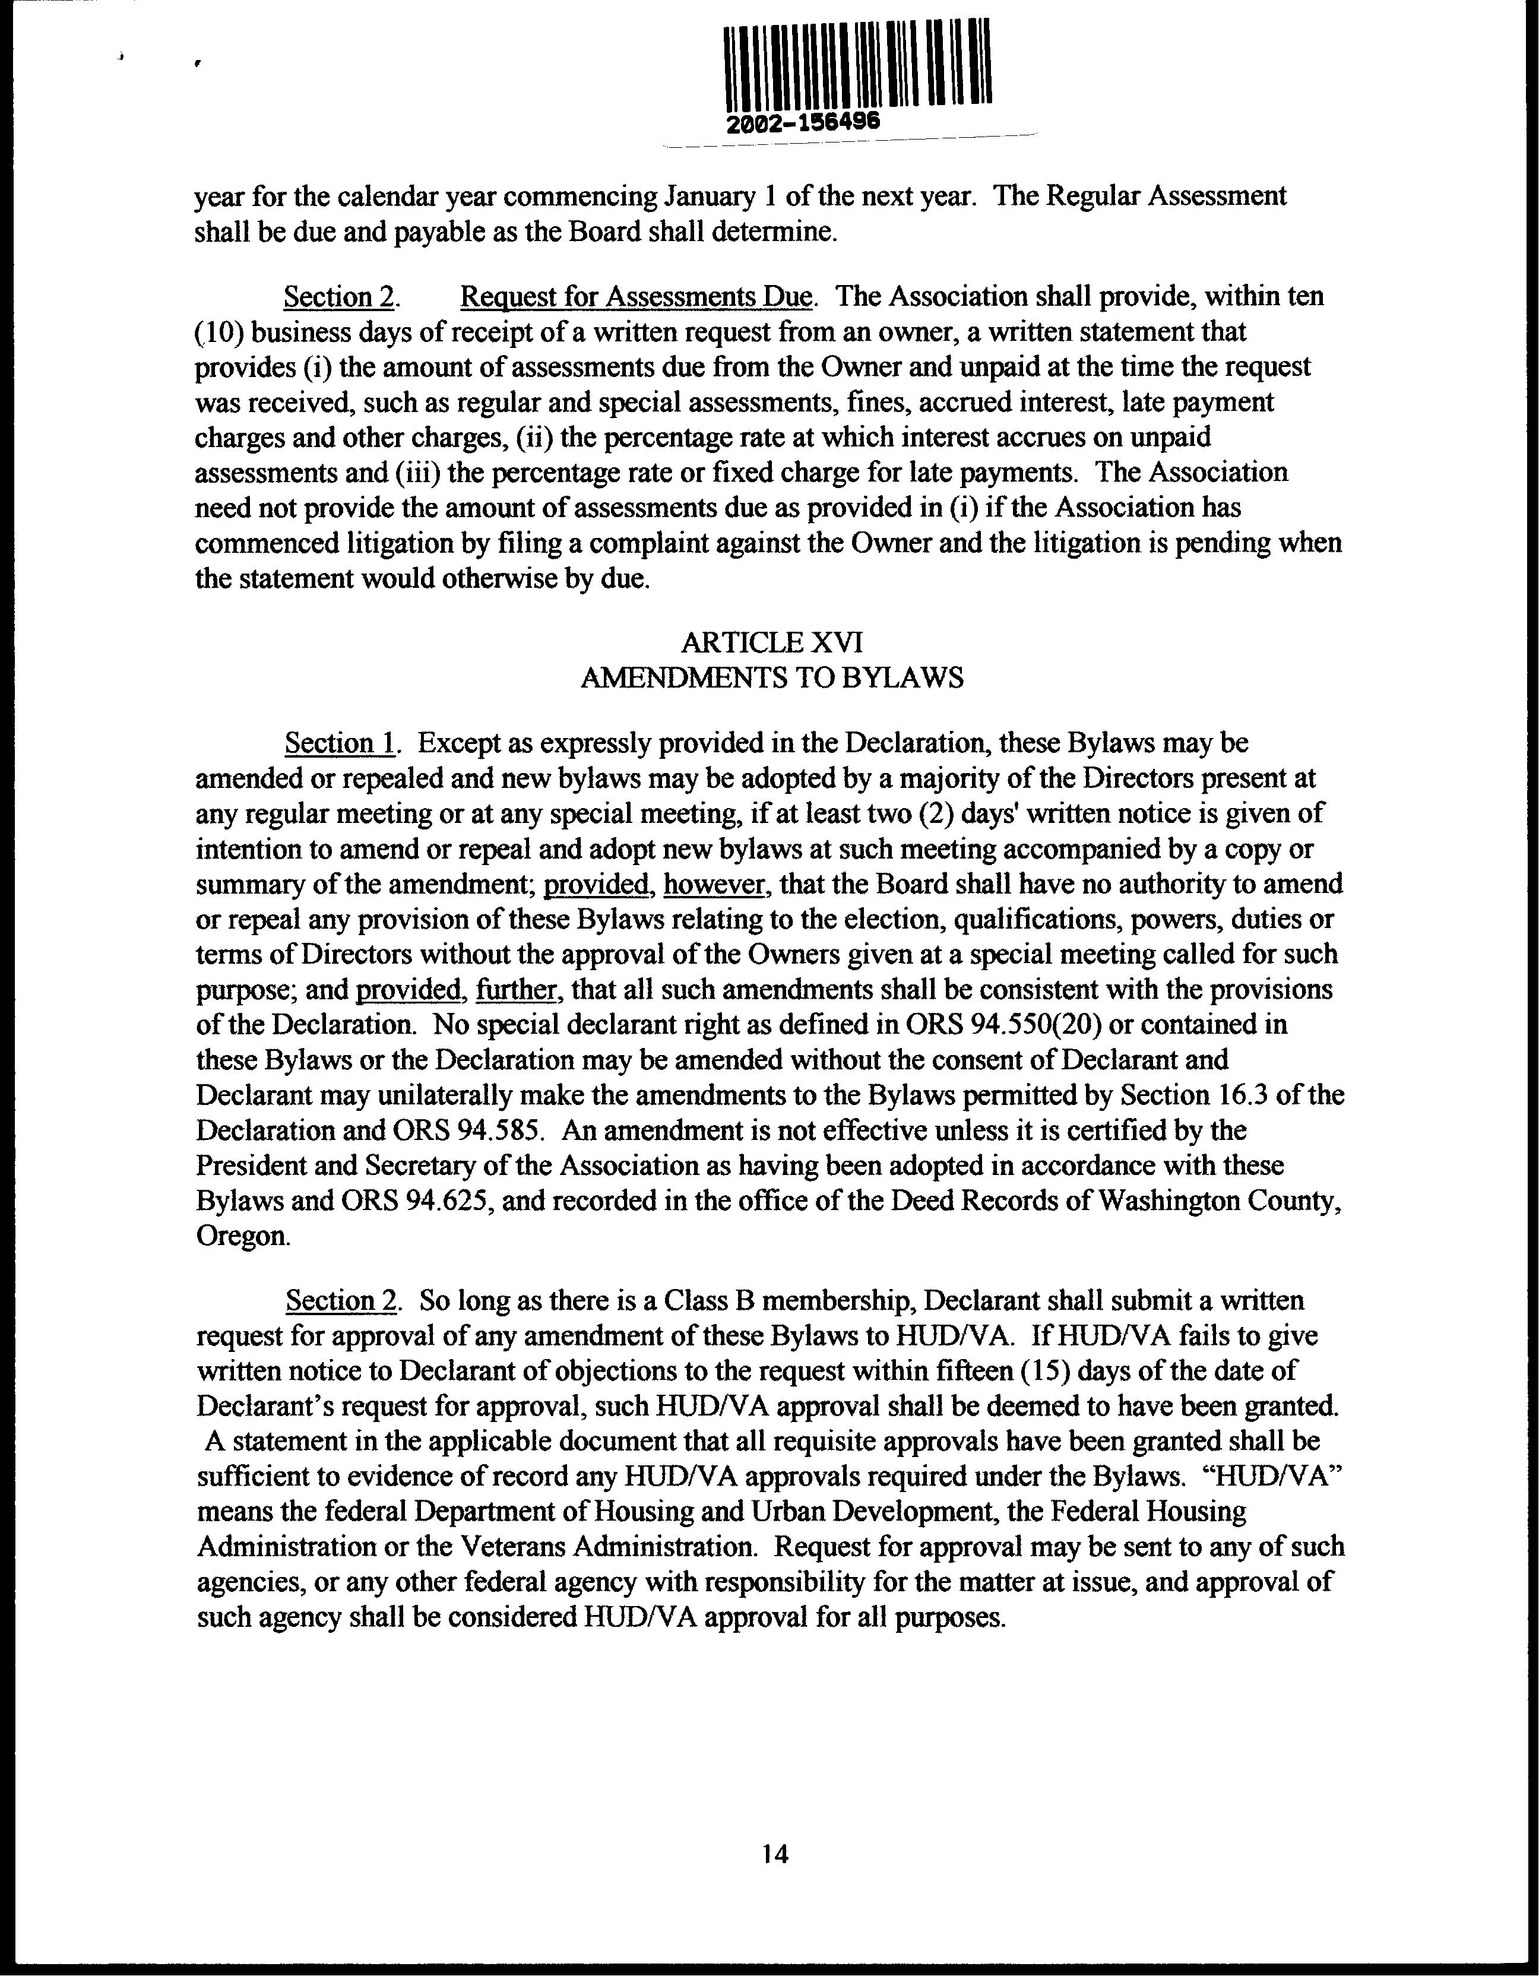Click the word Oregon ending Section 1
click(240, 1236)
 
